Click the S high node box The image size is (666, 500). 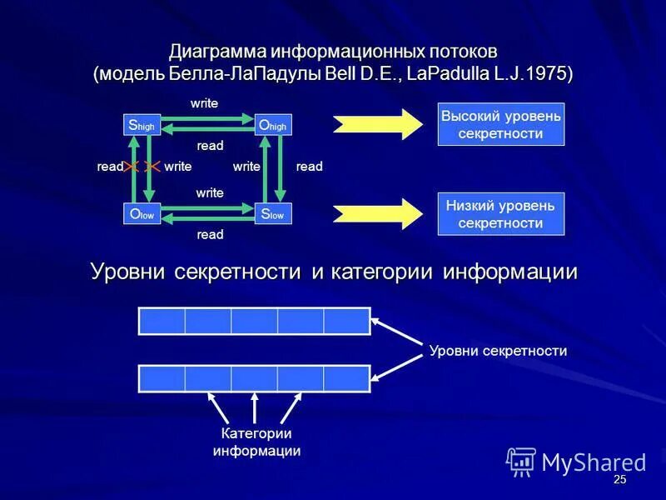coord(142,125)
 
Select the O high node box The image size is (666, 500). coord(273,125)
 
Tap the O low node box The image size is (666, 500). coord(142,214)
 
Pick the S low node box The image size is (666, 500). coord(273,214)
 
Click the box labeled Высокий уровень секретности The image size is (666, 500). coord(501,124)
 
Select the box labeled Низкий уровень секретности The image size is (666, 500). coord(501,213)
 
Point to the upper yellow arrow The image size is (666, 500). coord(379,123)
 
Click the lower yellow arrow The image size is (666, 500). coord(379,213)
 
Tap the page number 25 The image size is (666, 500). coord(619,481)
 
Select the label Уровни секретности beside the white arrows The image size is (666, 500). coord(498,351)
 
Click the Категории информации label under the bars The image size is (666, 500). coord(256,442)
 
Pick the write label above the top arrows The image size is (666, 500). coord(204,102)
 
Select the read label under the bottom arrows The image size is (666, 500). coord(210,235)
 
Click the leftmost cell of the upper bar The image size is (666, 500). coord(162,321)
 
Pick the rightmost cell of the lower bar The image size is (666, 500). coord(346,378)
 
